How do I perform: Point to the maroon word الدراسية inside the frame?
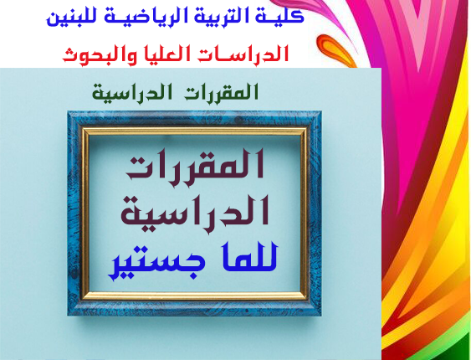coord(195,213)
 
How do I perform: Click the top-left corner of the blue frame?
coord(68,111)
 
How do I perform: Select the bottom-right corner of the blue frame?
coord(321,316)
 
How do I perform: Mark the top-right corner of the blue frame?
coord(321,111)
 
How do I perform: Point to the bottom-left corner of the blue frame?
coord(68,316)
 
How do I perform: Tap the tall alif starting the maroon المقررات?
coord(260,164)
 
